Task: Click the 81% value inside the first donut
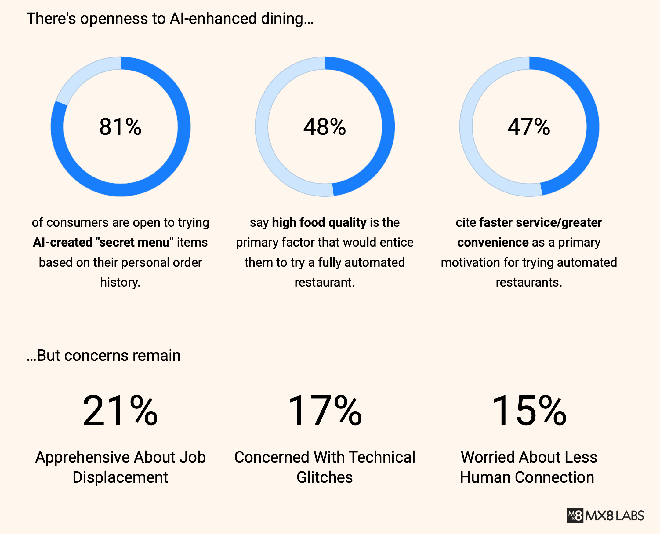pyautogui.click(x=120, y=126)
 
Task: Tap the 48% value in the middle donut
pyautogui.click(x=325, y=126)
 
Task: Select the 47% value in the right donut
pyautogui.click(x=529, y=126)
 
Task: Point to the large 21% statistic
pyautogui.click(x=120, y=411)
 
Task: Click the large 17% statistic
pyautogui.click(x=325, y=411)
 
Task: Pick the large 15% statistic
pyautogui.click(x=529, y=411)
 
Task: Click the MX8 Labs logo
pyautogui.click(x=605, y=516)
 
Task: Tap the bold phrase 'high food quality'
pyautogui.click(x=319, y=222)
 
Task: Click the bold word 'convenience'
pyautogui.click(x=492, y=242)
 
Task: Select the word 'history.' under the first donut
pyautogui.click(x=120, y=282)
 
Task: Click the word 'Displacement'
pyautogui.click(x=120, y=477)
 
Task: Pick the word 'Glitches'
pyautogui.click(x=325, y=477)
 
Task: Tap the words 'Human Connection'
pyautogui.click(x=527, y=477)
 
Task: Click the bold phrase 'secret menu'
pyautogui.click(x=134, y=242)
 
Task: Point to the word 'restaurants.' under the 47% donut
pyautogui.click(x=529, y=282)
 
